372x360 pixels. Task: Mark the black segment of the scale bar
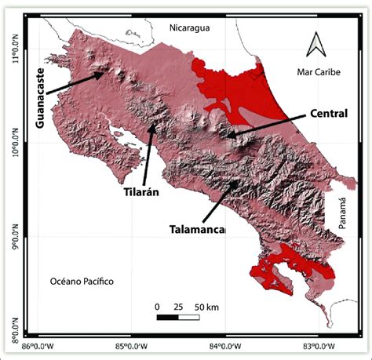tap(168, 318)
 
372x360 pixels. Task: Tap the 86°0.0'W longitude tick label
tap(38, 344)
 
